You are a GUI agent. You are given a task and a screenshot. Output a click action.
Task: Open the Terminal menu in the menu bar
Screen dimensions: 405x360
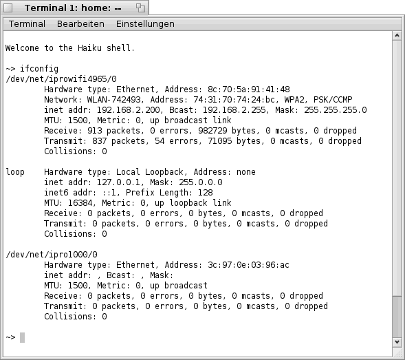27,24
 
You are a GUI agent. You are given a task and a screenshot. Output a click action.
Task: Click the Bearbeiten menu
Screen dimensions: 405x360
80,24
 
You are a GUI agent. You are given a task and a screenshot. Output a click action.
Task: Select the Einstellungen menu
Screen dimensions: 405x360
145,24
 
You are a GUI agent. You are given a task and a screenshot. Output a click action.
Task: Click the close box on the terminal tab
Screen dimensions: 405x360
8,8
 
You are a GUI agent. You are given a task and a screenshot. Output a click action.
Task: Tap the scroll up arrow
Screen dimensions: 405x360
397,36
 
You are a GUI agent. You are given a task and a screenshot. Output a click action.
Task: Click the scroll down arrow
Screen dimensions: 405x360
397,342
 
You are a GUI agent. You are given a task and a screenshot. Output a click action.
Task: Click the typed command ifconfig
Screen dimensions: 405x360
39,69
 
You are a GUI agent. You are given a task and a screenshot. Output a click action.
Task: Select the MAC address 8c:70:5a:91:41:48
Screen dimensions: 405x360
249,89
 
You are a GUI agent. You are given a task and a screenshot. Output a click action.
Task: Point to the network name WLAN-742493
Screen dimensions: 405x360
114,100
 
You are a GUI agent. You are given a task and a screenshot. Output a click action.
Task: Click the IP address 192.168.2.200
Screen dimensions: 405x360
129,110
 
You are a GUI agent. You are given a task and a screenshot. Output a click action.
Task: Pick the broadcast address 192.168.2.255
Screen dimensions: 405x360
234,110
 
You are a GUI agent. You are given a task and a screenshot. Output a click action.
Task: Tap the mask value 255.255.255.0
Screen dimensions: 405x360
336,110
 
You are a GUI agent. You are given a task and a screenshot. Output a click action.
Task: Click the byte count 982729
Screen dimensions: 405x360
212,131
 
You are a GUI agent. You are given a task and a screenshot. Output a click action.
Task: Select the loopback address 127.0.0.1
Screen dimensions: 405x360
118,182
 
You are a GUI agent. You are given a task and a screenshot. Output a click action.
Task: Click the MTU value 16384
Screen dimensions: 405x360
80,203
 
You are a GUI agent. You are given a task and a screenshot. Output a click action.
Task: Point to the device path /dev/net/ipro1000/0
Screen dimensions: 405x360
52,255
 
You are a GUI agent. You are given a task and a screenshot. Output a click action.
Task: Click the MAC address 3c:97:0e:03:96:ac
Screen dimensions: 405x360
248,265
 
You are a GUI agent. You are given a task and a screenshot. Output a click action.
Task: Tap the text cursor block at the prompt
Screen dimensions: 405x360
22,337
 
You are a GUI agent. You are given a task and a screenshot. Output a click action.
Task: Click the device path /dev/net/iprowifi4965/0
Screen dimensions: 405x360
61,79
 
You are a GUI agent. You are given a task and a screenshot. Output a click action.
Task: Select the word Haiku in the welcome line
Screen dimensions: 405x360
89,48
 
